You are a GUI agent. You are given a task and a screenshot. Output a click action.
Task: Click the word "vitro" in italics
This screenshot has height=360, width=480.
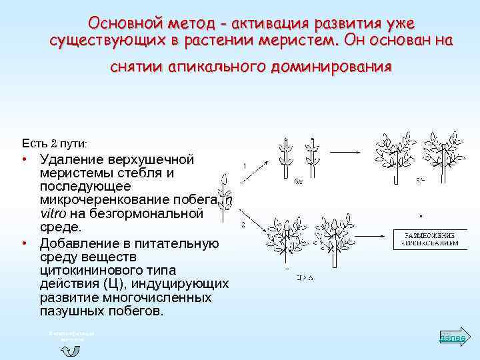click(x=55, y=213)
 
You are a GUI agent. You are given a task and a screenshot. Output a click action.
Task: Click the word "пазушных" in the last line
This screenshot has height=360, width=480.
click(x=69, y=311)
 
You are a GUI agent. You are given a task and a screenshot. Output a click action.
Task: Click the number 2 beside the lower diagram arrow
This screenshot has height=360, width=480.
click(x=243, y=225)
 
